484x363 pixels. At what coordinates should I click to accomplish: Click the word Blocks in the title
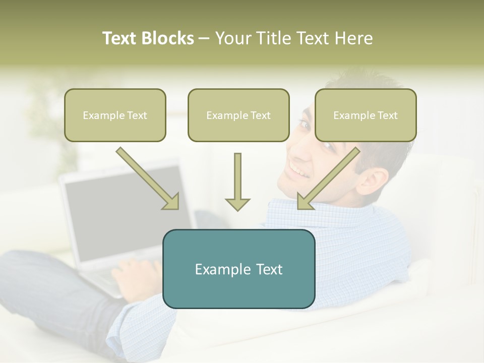[x=169, y=38]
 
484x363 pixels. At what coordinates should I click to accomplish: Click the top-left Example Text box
[x=115, y=115]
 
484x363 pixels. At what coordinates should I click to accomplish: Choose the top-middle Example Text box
[x=238, y=115]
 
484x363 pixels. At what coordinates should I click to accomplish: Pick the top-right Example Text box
[x=366, y=115]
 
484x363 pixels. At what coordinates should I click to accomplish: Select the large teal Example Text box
[x=238, y=269]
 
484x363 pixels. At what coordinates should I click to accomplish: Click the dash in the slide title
[x=204, y=38]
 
